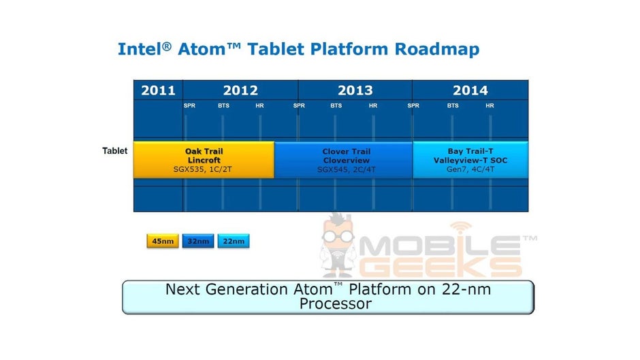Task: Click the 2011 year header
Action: point(158,90)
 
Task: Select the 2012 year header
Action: point(240,90)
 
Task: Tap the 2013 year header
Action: point(355,90)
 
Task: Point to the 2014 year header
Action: point(470,90)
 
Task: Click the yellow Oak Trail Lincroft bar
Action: point(204,160)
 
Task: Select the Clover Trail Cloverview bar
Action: point(343,160)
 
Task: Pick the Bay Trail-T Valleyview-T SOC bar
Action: point(470,160)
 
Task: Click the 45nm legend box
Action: point(162,241)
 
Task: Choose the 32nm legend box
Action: point(197,241)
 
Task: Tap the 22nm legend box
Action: point(233,241)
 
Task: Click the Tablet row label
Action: point(114,150)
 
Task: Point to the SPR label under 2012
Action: point(189,105)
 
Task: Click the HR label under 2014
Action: point(490,105)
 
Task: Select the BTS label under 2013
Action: point(336,105)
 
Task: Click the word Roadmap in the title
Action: point(432,49)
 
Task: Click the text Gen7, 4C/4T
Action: point(470,169)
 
